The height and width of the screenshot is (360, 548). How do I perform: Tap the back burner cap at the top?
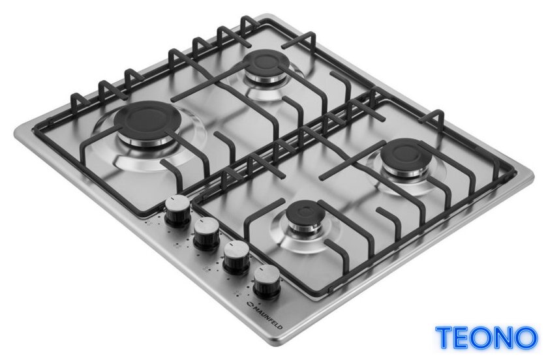pos(266,64)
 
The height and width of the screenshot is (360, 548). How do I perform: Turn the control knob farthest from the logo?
pos(177,211)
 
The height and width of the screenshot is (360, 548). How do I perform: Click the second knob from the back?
pos(207,234)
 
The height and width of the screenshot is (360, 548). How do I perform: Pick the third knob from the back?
pos(236,257)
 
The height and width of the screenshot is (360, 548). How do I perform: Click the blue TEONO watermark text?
pos(486,338)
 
